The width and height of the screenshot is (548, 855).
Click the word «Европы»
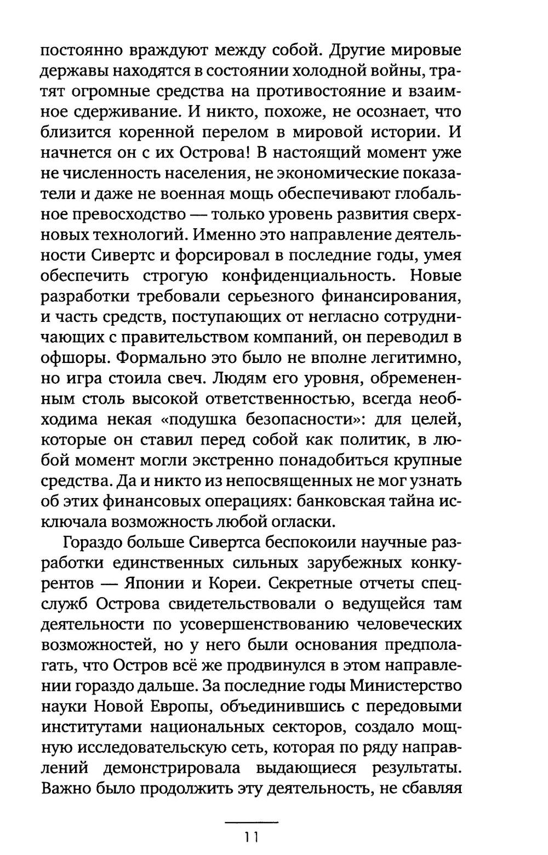tap(176, 706)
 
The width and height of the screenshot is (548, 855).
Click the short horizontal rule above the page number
tap(252, 823)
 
